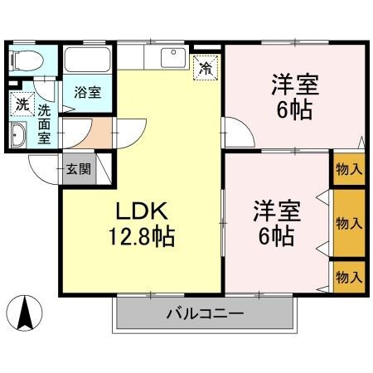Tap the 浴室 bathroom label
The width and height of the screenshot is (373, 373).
click(87, 91)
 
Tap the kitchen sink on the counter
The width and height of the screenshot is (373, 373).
click(174, 58)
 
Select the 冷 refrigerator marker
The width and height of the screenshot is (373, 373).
click(203, 69)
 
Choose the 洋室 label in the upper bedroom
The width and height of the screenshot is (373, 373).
click(294, 85)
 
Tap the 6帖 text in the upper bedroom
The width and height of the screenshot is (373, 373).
click(295, 110)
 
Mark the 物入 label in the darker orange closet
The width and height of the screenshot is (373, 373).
click(348, 222)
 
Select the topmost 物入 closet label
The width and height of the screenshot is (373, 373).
click(348, 169)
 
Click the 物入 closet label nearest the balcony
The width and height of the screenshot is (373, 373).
click(348, 275)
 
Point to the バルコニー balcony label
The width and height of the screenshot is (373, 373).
click(204, 315)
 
